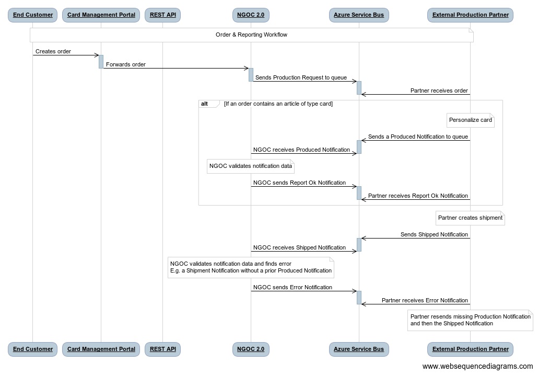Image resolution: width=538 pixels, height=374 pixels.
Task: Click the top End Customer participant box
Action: coord(33,15)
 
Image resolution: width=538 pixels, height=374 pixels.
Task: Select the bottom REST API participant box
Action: coord(163,349)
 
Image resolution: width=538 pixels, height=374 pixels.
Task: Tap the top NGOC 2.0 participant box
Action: coord(251,15)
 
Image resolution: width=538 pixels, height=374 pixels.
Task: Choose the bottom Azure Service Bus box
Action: coord(359,349)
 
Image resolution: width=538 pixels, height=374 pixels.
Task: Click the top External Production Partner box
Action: coord(470,15)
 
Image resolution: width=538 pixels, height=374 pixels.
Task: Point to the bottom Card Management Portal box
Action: coord(101,349)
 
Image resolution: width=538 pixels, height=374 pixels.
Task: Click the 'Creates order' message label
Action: coord(53,51)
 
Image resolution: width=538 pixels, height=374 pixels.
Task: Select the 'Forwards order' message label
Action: coord(126,64)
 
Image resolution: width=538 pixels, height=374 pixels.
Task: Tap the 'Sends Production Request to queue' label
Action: coord(301,77)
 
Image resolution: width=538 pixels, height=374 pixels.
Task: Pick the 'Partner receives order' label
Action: coord(439,90)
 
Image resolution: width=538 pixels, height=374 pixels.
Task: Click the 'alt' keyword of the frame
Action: coord(205,104)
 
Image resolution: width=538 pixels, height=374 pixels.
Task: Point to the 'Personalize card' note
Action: coord(470,120)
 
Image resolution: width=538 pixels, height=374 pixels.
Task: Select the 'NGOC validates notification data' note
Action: coord(251,167)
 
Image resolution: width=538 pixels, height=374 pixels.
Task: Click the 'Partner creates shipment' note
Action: coord(470,218)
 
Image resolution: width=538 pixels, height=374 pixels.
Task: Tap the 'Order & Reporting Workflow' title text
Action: coord(251,35)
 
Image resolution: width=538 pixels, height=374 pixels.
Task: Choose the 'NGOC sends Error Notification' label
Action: coord(293,287)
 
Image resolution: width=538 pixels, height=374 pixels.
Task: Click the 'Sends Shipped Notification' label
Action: coord(434,234)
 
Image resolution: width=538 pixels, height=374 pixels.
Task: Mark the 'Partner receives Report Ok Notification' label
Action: coord(418,196)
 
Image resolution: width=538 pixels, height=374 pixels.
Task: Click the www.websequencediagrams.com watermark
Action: coord(477,366)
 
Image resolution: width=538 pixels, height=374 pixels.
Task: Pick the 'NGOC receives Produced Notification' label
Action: coord(301,150)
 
